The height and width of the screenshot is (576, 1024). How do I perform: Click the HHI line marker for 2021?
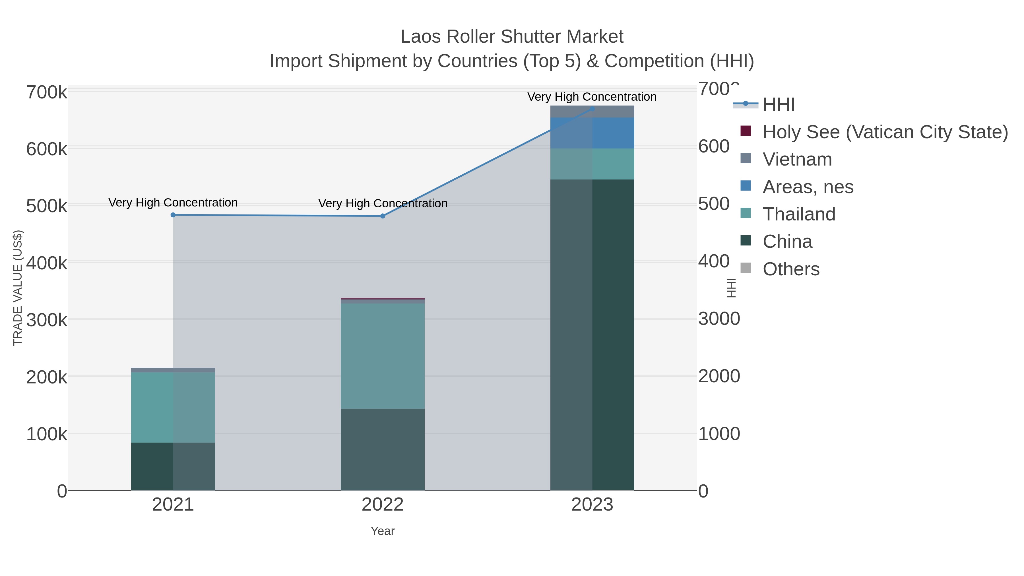click(173, 215)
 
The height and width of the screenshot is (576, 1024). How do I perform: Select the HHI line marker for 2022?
click(383, 216)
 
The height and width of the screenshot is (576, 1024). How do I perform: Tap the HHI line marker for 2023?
click(592, 109)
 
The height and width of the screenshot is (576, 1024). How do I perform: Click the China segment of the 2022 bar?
click(383, 449)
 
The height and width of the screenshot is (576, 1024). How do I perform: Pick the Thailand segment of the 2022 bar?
click(383, 356)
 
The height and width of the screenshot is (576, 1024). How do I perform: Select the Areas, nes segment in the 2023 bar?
click(592, 133)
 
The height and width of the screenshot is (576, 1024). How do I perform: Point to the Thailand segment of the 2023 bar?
click(592, 164)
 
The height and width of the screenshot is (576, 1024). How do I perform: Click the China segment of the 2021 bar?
click(173, 466)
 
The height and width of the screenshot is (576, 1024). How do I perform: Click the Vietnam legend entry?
click(797, 159)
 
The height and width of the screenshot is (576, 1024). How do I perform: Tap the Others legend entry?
click(791, 269)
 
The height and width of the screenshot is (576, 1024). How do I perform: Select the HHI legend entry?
click(778, 105)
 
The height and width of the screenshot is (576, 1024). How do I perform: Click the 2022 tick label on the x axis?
click(383, 505)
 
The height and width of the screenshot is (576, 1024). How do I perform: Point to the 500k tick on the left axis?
click(47, 206)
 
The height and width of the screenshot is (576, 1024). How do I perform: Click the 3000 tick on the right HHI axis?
click(719, 319)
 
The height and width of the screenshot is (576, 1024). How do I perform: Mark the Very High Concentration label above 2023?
click(592, 97)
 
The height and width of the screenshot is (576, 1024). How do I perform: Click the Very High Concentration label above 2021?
click(173, 203)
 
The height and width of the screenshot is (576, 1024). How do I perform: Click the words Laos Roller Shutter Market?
click(512, 37)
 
